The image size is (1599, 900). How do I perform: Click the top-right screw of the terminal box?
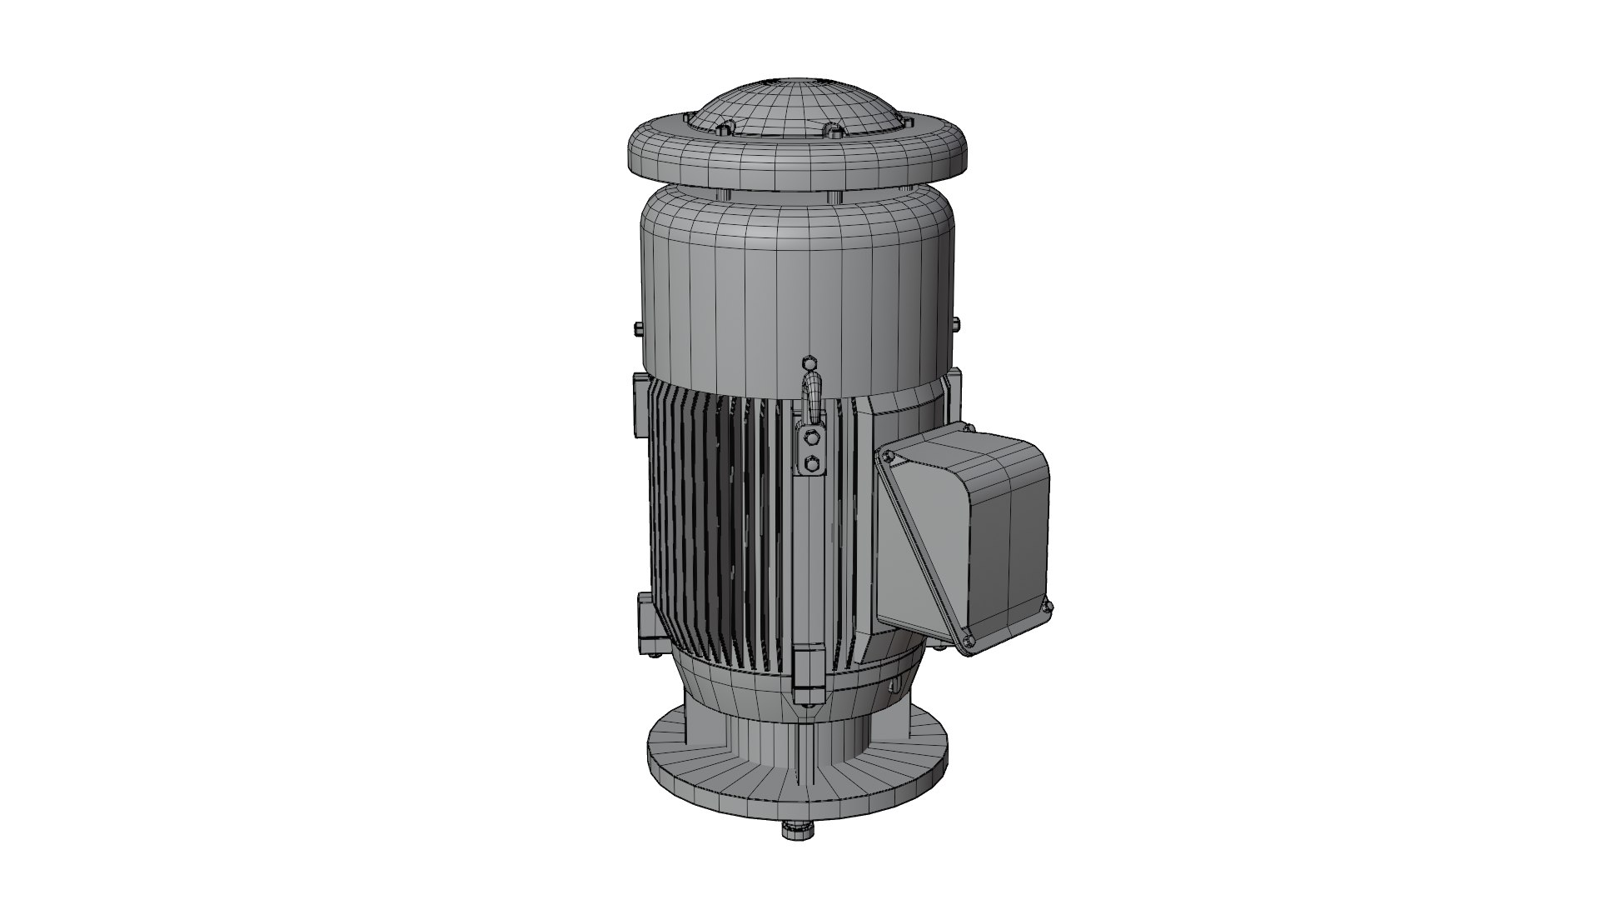click(x=967, y=428)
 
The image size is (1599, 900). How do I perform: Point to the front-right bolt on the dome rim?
click(x=833, y=130)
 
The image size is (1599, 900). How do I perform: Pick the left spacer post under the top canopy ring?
click(x=723, y=194)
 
